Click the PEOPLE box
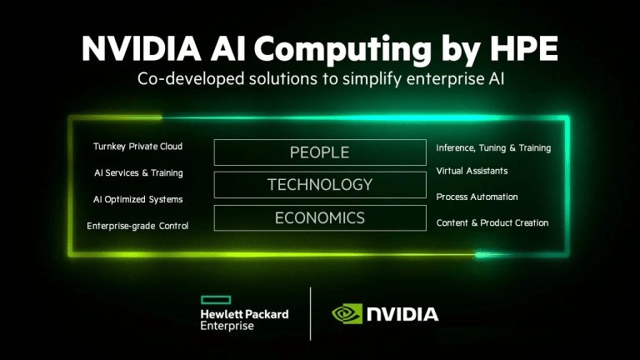pos(320,152)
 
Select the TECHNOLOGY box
pos(320,184)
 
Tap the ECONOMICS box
pos(320,218)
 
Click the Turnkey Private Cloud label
pos(138,147)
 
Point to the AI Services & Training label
pos(138,173)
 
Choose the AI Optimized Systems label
pos(138,200)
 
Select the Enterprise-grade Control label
pos(137,226)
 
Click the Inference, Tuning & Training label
pos(493,148)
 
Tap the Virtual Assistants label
pos(472,171)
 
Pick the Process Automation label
pos(477,197)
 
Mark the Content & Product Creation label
pos(492,222)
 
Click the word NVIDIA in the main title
pos(142,48)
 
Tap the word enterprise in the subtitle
pos(444,79)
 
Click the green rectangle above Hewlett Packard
pos(216,300)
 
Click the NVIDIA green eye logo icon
pos(347,313)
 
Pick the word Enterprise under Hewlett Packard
pos(227,326)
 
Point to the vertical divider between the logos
pos(311,313)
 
